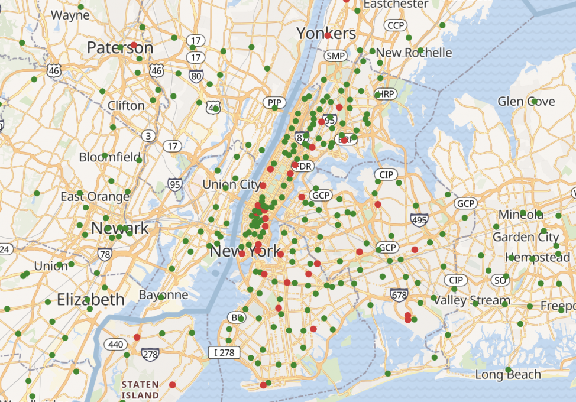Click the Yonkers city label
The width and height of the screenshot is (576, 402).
pyautogui.click(x=326, y=33)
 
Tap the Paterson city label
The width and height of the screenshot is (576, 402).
pyautogui.click(x=120, y=47)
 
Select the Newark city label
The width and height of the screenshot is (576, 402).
pyautogui.click(x=120, y=228)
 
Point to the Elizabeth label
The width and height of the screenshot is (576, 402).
pyautogui.click(x=90, y=299)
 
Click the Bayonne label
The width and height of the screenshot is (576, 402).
pyautogui.click(x=164, y=294)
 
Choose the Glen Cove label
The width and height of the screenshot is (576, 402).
pyautogui.click(x=526, y=101)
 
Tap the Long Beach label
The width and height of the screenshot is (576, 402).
pyautogui.click(x=508, y=375)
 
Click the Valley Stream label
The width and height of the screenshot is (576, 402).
pyautogui.click(x=471, y=300)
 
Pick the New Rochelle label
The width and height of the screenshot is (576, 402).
pyautogui.click(x=414, y=53)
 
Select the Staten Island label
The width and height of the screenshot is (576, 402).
pyautogui.click(x=140, y=389)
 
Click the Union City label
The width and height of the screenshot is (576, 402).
pyautogui.click(x=231, y=184)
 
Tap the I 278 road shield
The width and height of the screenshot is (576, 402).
pyautogui.click(x=224, y=353)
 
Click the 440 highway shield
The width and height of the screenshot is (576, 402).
pyautogui.click(x=115, y=343)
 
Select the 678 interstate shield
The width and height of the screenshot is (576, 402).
pyautogui.click(x=399, y=294)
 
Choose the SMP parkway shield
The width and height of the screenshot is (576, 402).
pyautogui.click(x=335, y=56)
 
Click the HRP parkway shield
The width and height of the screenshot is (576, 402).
pyautogui.click(x=386, y=94)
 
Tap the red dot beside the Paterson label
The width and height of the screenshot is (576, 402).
pyautogui.click(x=134, y=45)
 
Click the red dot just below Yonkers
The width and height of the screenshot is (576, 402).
pyautogui.click(x=327, y=35)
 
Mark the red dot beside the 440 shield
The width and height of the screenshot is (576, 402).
pyautogui.click(x=137, y=337)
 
